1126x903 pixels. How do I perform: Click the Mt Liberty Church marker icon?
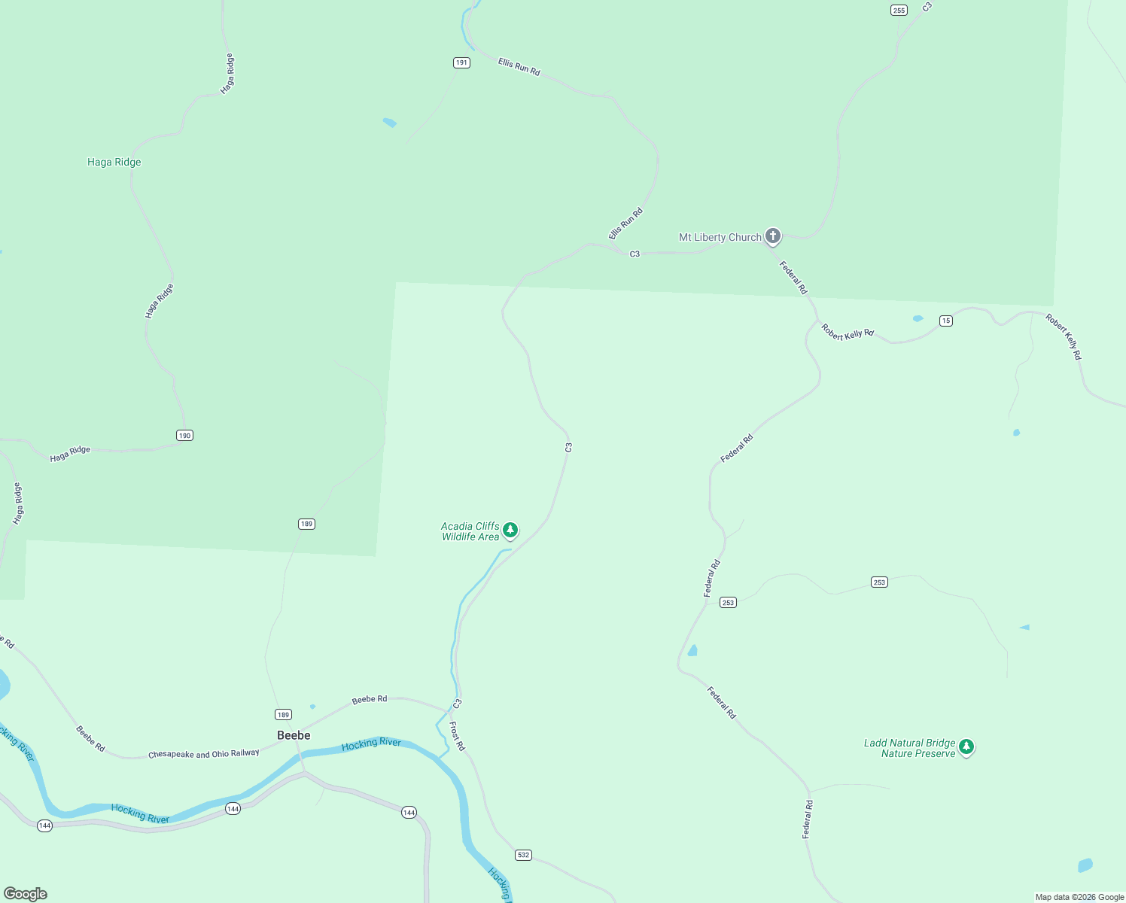pos(772,236)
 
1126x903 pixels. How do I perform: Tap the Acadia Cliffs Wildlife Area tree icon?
pos(510,531)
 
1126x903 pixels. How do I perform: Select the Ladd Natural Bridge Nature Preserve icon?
pos(966,747)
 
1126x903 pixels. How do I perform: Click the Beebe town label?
pos(294,735)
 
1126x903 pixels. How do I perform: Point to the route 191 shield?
pos(462,62)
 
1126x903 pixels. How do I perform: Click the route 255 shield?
pos(899,10)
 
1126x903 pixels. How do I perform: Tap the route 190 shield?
pos(185,435)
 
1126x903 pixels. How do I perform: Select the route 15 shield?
pos(946,321)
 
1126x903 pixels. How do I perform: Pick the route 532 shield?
pos(523,855)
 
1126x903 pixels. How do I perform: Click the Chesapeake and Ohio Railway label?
pos(203,754)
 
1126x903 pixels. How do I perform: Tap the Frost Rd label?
pos(457,736)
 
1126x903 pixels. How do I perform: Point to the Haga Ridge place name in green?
pos(114,162)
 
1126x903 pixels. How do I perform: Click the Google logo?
pos(26,893)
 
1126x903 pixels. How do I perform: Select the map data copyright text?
pos(1079,897)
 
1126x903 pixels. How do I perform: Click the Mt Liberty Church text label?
pos(720,237)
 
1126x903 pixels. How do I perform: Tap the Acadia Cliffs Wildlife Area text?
pos(470,531)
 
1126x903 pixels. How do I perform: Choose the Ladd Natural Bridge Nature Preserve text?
pos(909,748)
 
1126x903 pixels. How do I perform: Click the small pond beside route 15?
pos(918,318)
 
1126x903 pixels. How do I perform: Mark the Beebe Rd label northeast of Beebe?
pos(370,699)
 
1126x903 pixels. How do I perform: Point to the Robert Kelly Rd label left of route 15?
pos(848,332)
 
